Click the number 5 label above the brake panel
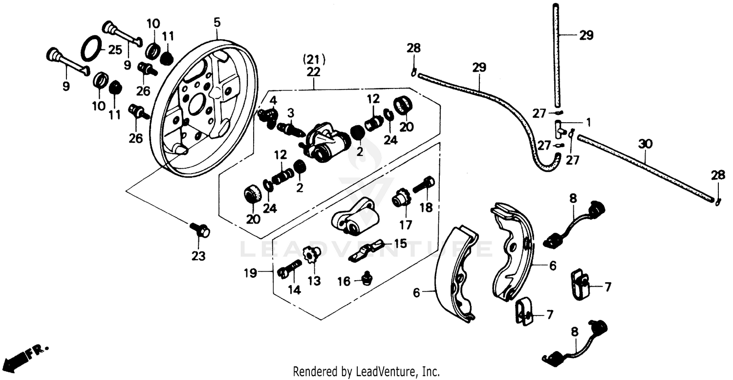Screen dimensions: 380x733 pos(217,22)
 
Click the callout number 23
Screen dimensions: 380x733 pos(198,255)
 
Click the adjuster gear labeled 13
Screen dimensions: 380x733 pos(310,254)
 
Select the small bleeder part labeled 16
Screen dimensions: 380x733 pos(367,279)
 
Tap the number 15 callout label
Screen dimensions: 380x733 pos(400,243)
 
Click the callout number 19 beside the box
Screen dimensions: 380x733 pos(250,273)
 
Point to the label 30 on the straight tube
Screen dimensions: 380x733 pos(645,144)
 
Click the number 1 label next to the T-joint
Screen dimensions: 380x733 pos(588,122)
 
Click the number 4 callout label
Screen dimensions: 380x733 pos(273,100)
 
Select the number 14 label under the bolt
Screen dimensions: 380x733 pos(294,290)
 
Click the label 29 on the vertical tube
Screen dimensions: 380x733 pos(586,35)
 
